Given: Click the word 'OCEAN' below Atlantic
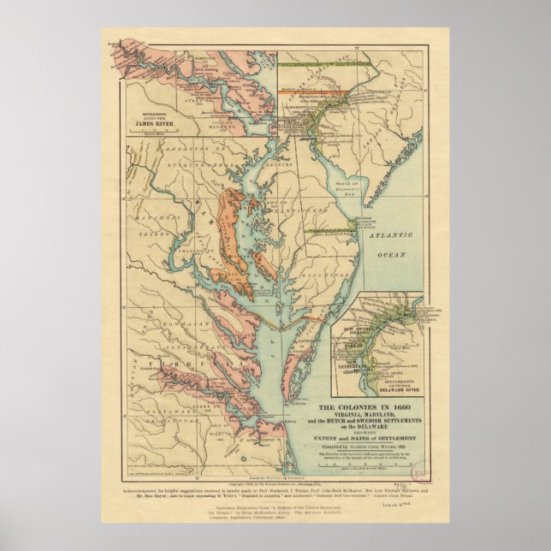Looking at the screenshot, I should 392,254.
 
